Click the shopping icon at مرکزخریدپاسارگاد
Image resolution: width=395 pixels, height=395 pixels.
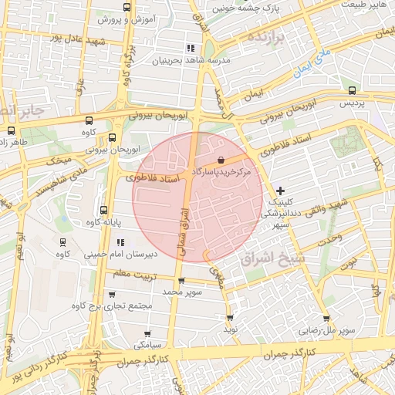pos(222,159)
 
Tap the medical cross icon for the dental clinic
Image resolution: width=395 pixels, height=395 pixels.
pos(280,190)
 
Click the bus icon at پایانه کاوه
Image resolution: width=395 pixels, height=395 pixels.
pos(104,210)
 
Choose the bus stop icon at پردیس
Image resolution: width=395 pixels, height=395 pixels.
pos(352,90)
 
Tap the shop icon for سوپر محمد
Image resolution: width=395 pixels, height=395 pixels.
pos(181,281)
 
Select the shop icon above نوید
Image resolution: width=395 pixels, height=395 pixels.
pos(230,317)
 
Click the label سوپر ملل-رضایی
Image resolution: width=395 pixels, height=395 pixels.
pos(329,329)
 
